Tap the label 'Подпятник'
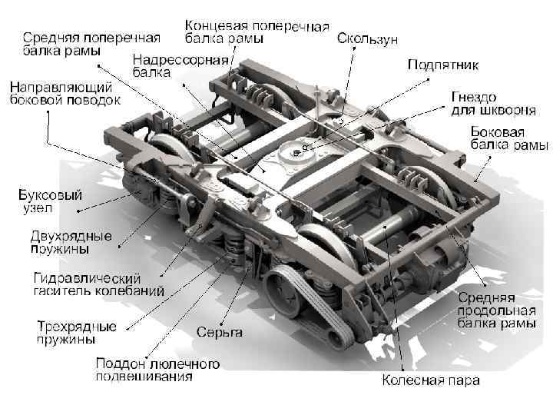click(x=443, y=65)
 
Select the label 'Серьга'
click(x=220, y=332)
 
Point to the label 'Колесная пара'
click(x=431, y=380)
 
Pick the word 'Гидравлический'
click(x=87, y=277)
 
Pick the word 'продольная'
click(x=496, y=310)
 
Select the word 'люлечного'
click(x=181, y=363)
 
